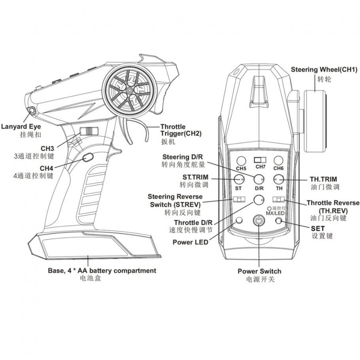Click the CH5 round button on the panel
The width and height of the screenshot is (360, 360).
241,161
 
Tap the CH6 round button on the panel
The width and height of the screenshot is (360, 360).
279,161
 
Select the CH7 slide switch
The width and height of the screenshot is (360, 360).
260,159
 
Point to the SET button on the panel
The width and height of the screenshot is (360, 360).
279,221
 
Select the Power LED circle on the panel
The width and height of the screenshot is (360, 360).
239,220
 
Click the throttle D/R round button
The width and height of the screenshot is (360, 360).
259,199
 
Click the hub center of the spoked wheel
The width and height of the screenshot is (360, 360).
129,91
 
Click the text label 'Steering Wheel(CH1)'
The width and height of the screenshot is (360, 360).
324,70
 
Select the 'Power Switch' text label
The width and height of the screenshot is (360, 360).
259,271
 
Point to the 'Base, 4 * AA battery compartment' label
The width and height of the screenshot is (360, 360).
102,271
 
